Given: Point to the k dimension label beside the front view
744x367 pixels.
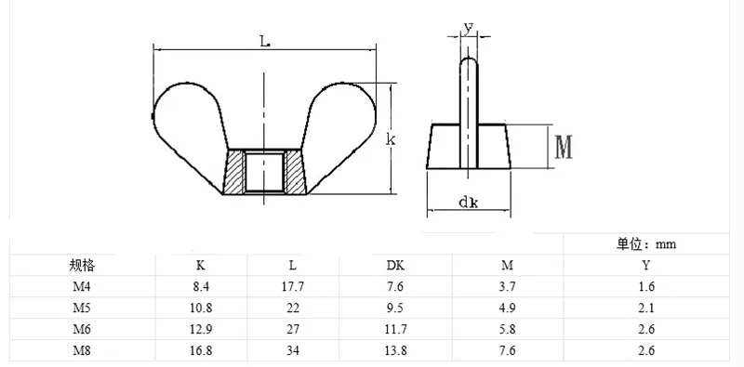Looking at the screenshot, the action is [391, 139].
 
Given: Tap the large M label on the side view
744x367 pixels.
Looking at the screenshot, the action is [564, 147].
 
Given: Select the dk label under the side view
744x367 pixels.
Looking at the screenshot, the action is [469, 203].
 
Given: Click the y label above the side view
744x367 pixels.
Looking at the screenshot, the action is [469, 29].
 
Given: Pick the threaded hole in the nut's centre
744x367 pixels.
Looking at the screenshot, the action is [264, 171].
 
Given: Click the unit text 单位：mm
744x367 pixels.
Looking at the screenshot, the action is [646, 244].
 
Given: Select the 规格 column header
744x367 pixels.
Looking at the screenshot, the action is [82, 266].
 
